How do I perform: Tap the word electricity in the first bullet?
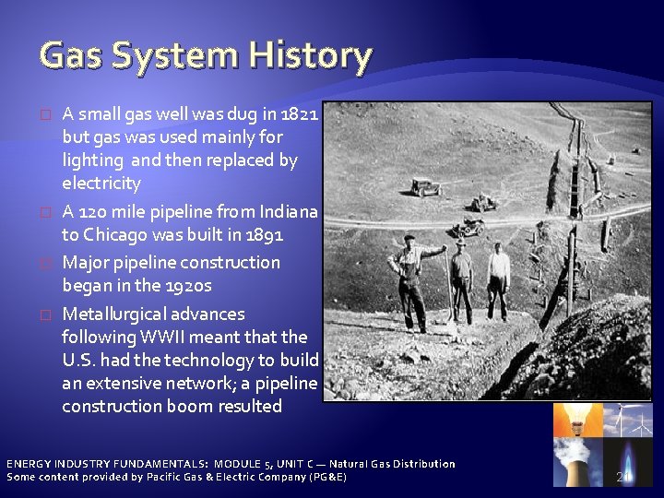coord(101,184)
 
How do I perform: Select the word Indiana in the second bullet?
coord(289,211)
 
